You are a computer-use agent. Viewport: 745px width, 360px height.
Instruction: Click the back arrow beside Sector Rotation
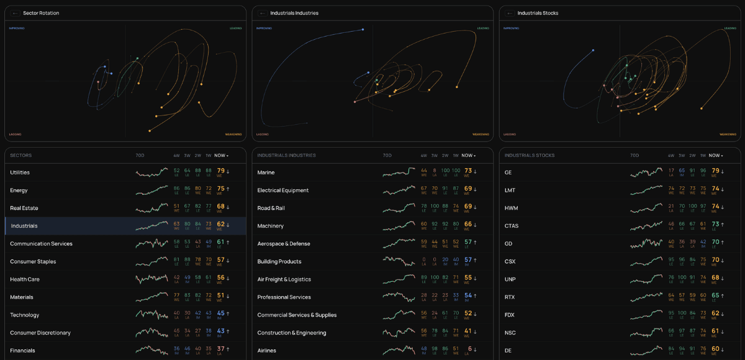(15, 13)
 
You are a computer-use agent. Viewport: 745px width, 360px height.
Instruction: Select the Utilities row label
(20, 173)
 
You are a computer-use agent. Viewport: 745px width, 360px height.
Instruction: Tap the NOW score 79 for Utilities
(220, 171)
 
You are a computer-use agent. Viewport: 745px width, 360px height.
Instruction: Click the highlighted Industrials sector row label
(24, 226)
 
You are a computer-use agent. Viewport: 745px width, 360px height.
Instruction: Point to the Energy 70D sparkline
(151, 190)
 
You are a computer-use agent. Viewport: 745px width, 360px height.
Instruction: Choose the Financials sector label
(22, 351)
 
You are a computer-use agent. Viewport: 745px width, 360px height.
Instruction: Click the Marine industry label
(266, 173)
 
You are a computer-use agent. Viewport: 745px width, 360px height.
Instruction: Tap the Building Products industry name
(279, 262)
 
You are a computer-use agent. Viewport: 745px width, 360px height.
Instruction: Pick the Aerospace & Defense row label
(284, 244)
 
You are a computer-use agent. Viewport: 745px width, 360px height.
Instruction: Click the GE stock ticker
(508, 173)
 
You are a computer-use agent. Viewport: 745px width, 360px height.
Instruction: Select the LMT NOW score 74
(715, 189)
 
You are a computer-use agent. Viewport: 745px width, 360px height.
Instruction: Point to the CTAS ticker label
(512, 226)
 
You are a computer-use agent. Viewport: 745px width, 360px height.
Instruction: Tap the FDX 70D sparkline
(646, 314)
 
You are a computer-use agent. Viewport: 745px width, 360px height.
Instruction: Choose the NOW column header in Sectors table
(220, 155)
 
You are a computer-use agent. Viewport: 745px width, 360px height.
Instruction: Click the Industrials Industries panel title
(294, 13)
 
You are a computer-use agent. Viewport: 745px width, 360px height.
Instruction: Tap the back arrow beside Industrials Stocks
(510, 13)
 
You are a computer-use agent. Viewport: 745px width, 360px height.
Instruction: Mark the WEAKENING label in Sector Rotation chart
(233, 134)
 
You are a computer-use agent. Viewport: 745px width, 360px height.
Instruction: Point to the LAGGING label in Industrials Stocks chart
(510, 134)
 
